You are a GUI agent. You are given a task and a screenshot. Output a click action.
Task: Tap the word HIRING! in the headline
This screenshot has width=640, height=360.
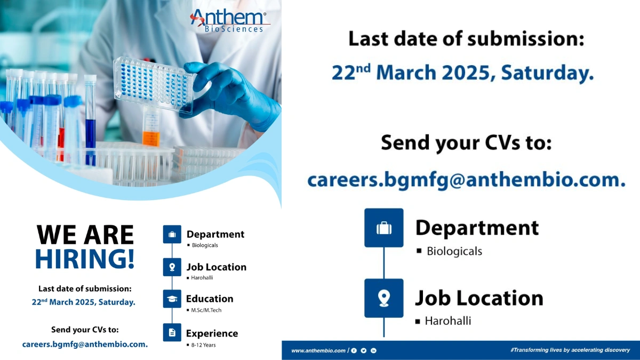(85, 258)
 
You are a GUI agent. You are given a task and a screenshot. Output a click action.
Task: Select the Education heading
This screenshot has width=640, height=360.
(210, 299)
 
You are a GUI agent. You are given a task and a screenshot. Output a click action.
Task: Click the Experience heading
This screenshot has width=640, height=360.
(212, 333)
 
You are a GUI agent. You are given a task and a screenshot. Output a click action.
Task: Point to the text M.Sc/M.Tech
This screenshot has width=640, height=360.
(206, 310)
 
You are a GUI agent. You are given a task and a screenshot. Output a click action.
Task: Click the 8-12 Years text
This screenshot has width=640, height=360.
(204, 345)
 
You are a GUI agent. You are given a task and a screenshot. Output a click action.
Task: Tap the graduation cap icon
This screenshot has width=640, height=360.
(172, 299)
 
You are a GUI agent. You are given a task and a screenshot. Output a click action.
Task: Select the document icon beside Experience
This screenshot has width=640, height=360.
(172, 333)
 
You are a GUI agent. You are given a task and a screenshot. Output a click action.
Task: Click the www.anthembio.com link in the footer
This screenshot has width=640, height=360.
(318, 350)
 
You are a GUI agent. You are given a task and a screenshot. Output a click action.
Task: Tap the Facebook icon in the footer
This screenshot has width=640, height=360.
(354, 350)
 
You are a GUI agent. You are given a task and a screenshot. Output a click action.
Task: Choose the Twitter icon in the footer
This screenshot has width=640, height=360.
(364, 350)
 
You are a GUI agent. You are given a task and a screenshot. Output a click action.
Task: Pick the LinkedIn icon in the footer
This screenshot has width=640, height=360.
(373, 350)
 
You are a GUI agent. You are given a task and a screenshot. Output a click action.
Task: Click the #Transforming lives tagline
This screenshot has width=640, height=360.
(570, 350)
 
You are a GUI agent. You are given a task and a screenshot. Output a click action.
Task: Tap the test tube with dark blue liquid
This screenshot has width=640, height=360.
(90, 128)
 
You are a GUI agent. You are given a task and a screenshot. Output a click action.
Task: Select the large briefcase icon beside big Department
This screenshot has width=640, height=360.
(383, 228)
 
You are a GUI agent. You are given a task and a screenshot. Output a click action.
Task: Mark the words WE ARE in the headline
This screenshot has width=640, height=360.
(85, 235)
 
